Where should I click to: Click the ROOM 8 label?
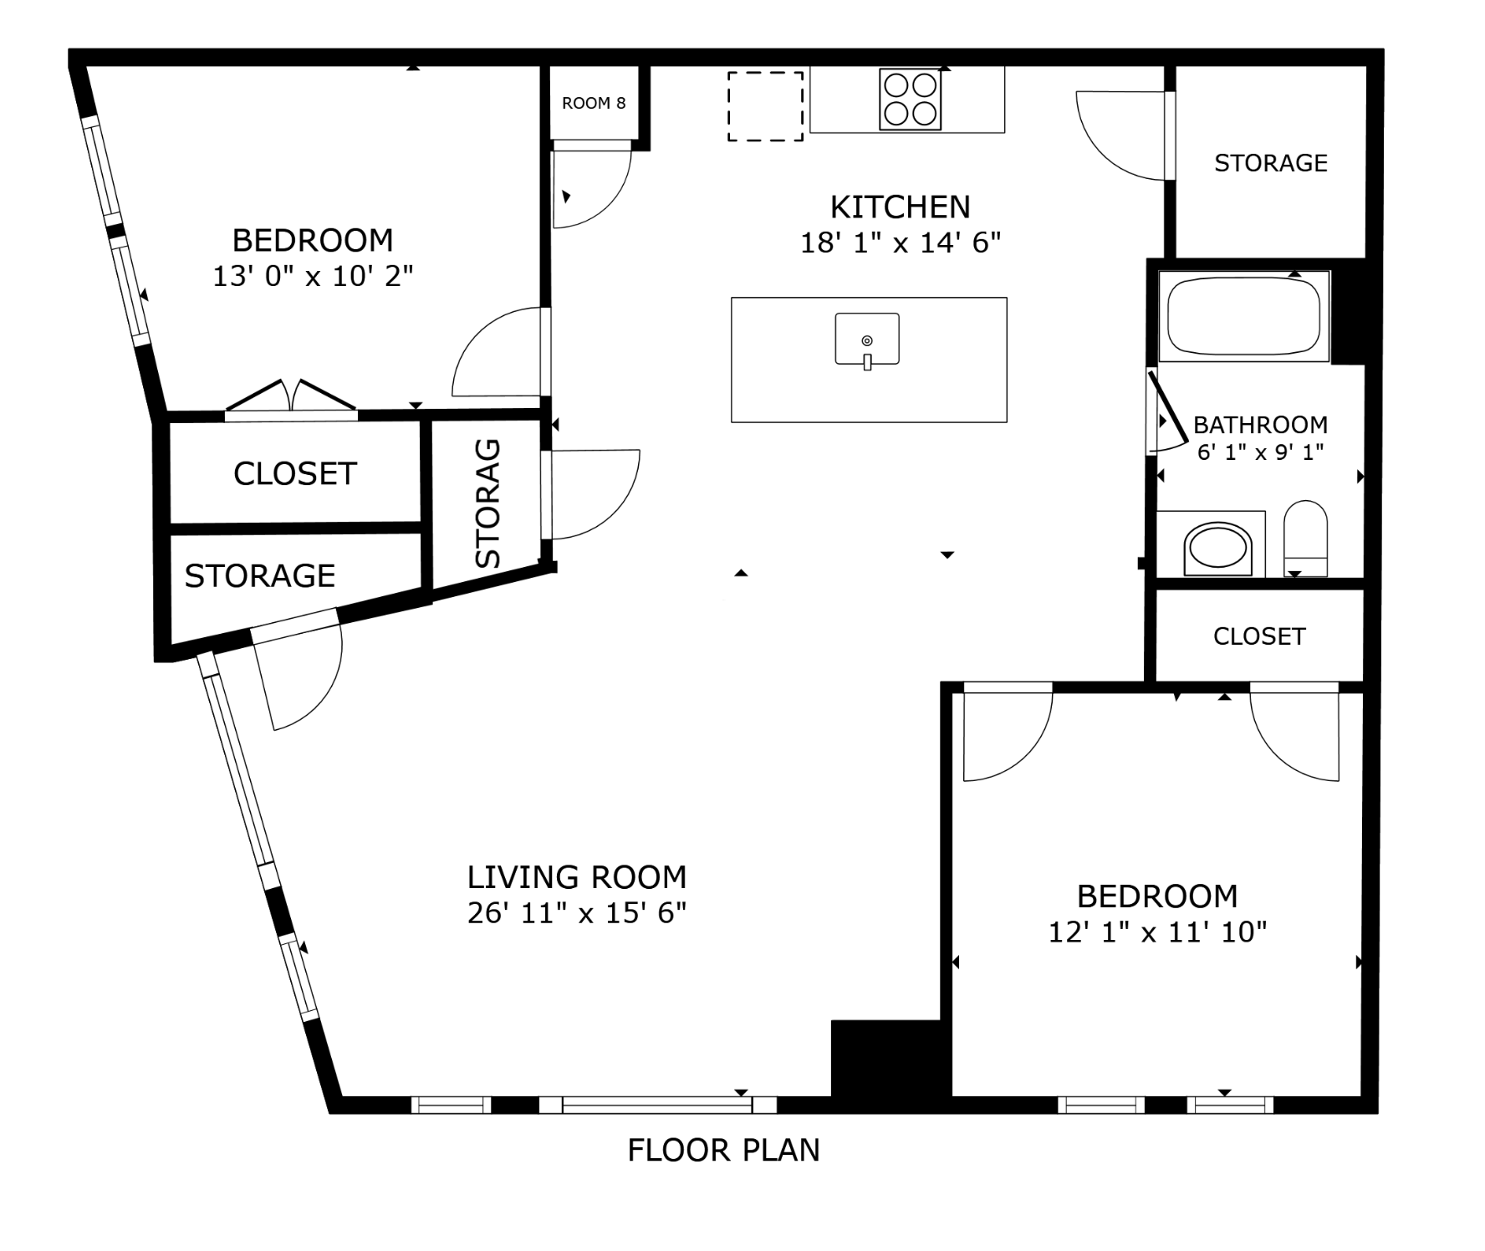593,103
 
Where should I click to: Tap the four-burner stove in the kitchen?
910,99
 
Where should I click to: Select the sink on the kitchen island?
867,340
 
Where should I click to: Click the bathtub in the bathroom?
1243,316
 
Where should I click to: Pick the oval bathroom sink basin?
1218,549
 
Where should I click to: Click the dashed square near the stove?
765,105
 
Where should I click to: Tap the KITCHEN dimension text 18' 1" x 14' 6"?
901,243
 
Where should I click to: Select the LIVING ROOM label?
576,876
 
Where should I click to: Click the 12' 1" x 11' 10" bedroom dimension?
1157,932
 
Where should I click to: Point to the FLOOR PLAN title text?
723,1150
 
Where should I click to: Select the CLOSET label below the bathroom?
1258,636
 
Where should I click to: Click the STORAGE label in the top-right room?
1270,162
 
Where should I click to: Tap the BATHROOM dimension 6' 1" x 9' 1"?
1260,452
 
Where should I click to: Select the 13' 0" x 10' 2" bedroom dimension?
313,275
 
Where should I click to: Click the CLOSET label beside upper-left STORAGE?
295,473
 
